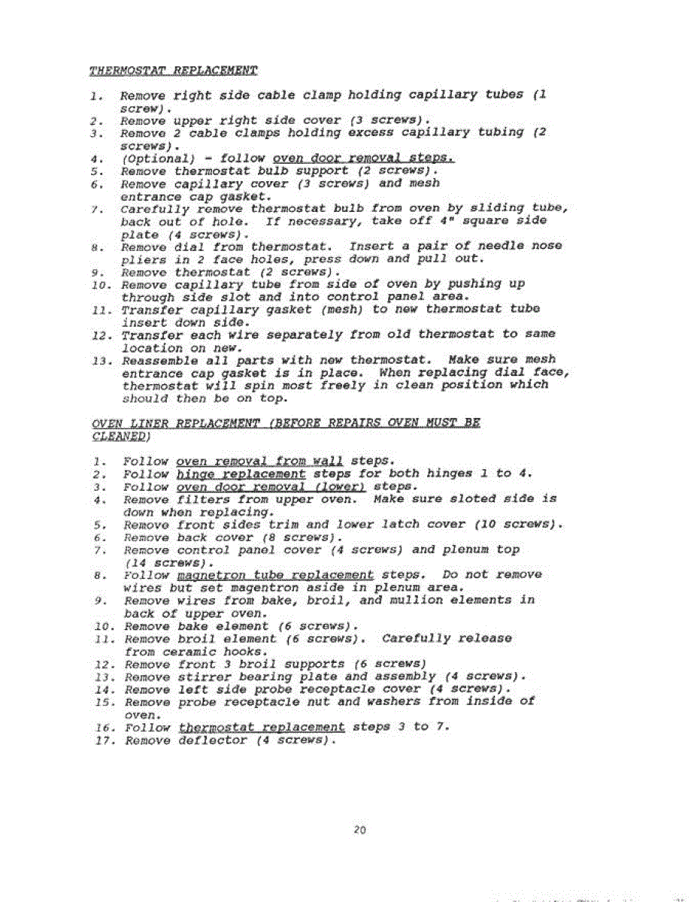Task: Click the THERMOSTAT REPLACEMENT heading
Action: (x=173, y=71)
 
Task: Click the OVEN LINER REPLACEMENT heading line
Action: (x=285, y=422)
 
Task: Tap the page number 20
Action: (x=359, y=831)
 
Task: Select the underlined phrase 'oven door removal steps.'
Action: (x=363, y=158)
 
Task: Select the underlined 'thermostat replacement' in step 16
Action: (x=262, y=727)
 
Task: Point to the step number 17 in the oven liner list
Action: (x=103, y=740)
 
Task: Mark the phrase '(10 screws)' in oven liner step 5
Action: (x=519, y=524)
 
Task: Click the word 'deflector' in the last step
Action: (x=213, y=740)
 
